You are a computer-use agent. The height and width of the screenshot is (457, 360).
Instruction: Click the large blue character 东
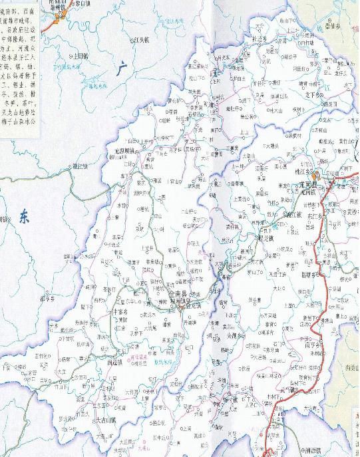pos(25,216)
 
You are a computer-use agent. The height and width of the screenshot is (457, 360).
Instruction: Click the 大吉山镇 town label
pos(110,420)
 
